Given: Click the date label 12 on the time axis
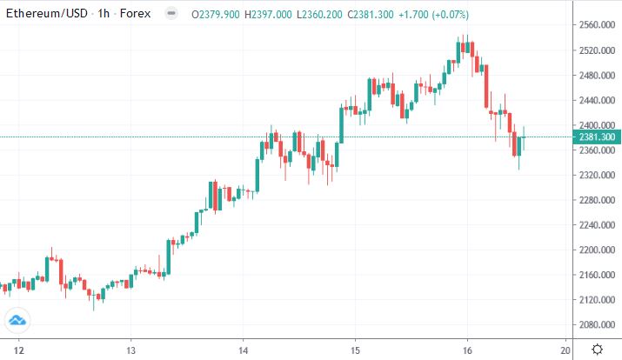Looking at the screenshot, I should (x=17, y=350).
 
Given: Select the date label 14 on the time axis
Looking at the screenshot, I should (x=243, y=350).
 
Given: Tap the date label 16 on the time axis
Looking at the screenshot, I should (x=468, y=350).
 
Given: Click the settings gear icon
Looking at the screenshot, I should (x=598, y=350).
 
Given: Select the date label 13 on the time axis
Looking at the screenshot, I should (x=130, y=350).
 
